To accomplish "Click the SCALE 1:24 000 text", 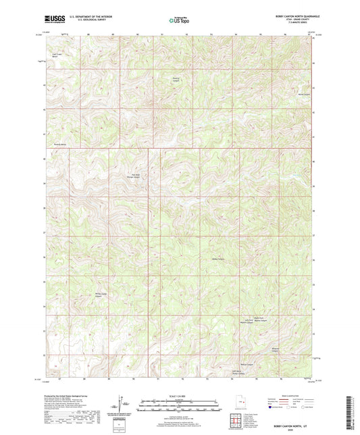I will pyautogui.click(x=180, y=395).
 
